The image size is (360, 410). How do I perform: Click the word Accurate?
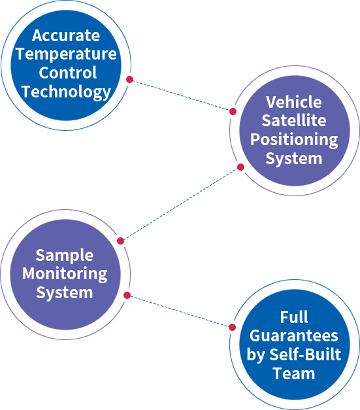pos(66,35)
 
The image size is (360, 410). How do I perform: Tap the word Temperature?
pos(66,55)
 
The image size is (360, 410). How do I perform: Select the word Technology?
pos(67,92)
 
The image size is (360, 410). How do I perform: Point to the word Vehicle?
pos(294,102)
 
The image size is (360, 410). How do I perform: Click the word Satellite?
pos(294,120)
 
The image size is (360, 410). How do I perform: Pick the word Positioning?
pos(294,140)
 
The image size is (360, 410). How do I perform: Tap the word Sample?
pos(65,256)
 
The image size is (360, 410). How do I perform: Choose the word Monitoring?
pos(65,274)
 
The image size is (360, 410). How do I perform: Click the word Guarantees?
pos(294,335)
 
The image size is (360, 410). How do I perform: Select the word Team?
pos(294,373)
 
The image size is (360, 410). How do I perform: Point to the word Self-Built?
pos(305,354)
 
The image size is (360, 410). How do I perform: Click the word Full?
pos(294,317)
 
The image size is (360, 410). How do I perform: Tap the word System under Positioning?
pos(294,159)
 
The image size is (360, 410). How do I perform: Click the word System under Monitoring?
pos(65,293)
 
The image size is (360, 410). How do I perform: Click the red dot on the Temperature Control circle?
pos(129,79)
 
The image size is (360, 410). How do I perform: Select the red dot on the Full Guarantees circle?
pos(232,327)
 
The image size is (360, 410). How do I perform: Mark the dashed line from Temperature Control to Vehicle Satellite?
pos(181,95)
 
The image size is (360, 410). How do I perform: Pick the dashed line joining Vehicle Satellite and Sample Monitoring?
pos(180,204)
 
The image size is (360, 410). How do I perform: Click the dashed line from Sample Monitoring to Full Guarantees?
pos(180,311)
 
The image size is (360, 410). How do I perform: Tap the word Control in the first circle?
pos(68,73)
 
